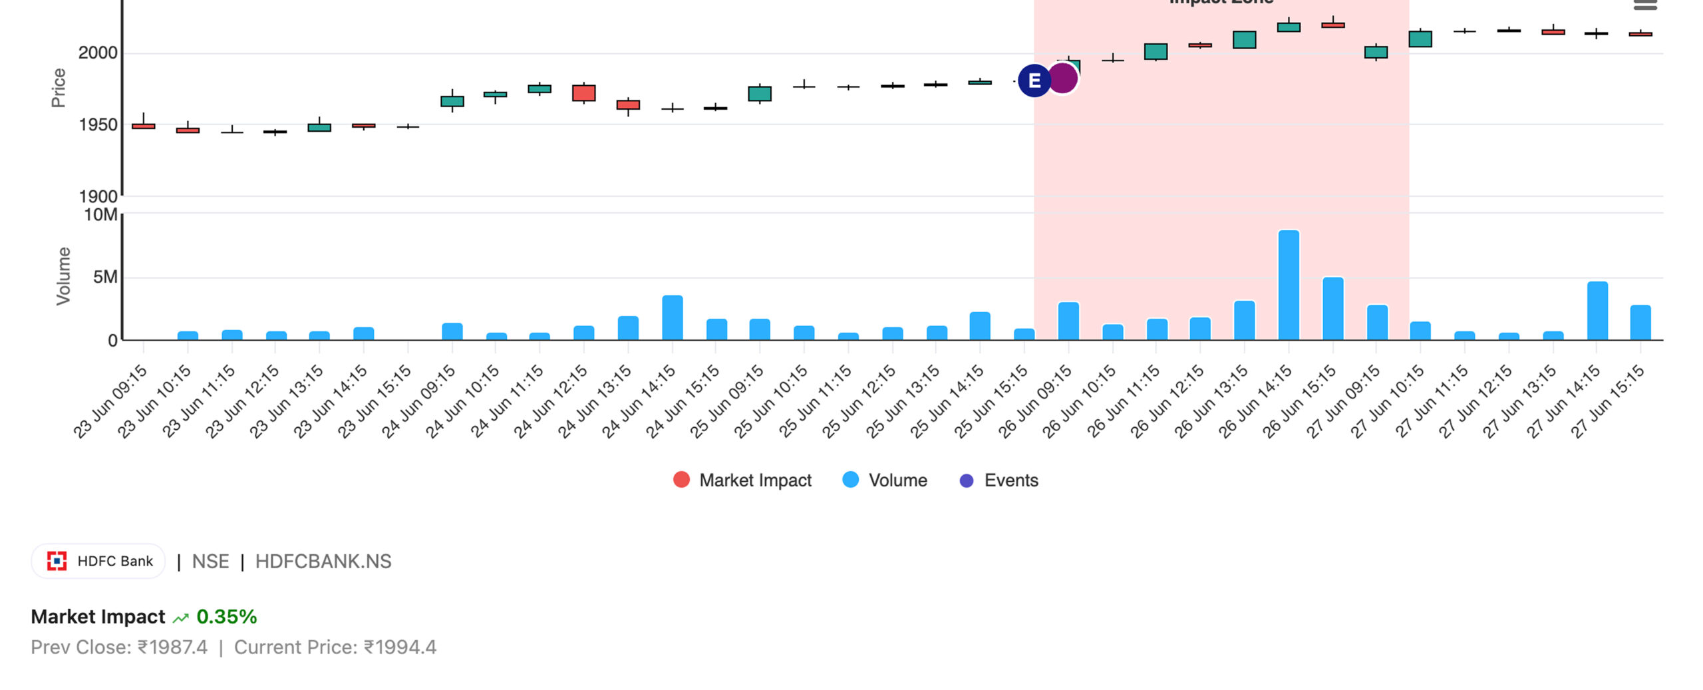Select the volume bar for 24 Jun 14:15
click(673, 318)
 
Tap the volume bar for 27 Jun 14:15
click(1597, 311)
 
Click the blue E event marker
click(1034, 81)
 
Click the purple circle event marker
click(1064, 79)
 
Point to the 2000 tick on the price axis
click(98, 53)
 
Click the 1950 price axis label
click(98, 125)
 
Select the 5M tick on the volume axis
click(105, 277)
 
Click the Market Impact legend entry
click(742, 480)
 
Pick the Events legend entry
click(999, 480)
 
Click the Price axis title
click(59, 88)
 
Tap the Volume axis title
click(63, 276)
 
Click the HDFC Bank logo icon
click(57, 562)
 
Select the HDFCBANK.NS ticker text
click(323, 562)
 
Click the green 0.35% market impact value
click(226, 617)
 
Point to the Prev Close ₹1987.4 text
click(119, 647)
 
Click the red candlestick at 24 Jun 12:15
click(584, 93)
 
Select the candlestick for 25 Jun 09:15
click(760, 94)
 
